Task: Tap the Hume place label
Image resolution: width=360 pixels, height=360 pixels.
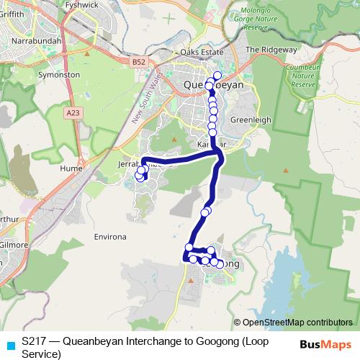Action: [x=71, y=168]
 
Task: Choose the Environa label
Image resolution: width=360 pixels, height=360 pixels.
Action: [x=110, y=236]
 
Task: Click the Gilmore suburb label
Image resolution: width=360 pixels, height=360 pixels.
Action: [x=14, y=245]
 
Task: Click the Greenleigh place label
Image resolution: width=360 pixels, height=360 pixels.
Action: [x=249, y=120]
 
